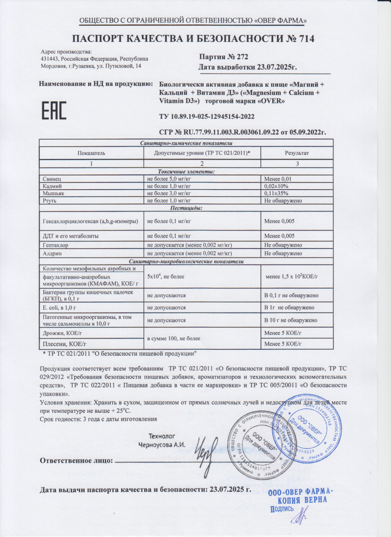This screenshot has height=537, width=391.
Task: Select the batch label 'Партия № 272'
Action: [224, 57]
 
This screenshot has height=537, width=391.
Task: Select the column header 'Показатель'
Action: [92, 152]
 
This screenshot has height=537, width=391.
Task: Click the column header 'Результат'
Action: [297, 152]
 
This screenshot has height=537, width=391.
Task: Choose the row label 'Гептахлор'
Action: [54, 246]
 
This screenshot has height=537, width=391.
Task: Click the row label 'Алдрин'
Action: [51, 253]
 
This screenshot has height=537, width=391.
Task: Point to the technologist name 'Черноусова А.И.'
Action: [162, 445]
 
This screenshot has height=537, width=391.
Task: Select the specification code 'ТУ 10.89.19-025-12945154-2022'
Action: [204, 117]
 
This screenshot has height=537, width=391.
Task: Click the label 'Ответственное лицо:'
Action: [76, 460]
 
